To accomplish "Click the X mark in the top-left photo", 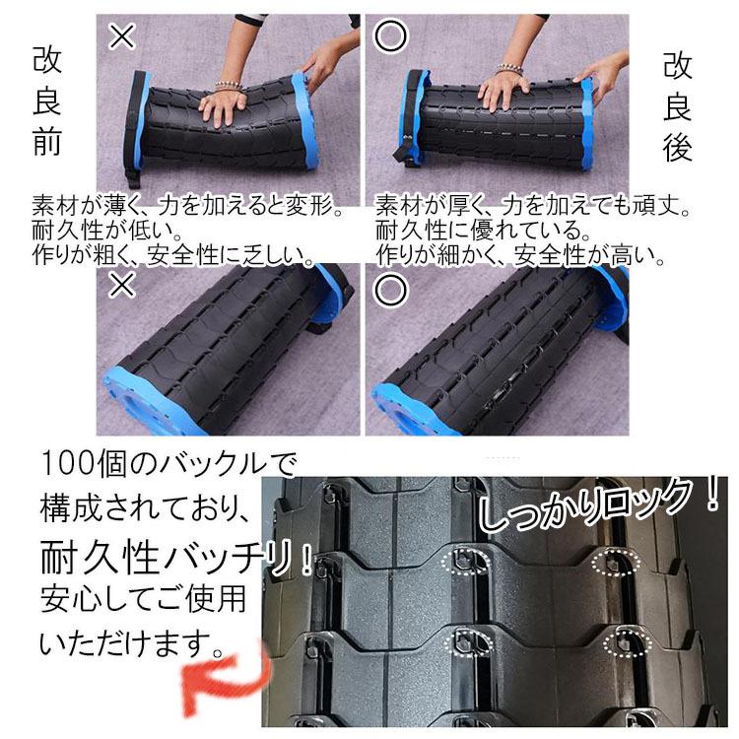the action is point(122,36).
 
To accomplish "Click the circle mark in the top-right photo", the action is point(390,36).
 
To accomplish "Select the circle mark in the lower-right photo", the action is point(390,289).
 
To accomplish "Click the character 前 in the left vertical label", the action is point(47,141).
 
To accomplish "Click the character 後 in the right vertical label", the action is point(677,147).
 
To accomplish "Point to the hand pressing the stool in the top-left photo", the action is point(223,108).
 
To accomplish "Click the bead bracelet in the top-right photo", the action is point(509,70).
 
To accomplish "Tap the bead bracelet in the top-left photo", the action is point(229,87).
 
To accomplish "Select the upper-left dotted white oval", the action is point(466,561).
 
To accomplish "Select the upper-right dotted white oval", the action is point(616,562).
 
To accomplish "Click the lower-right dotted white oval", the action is point(628,641).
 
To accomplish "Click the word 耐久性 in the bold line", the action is point(100,557).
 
